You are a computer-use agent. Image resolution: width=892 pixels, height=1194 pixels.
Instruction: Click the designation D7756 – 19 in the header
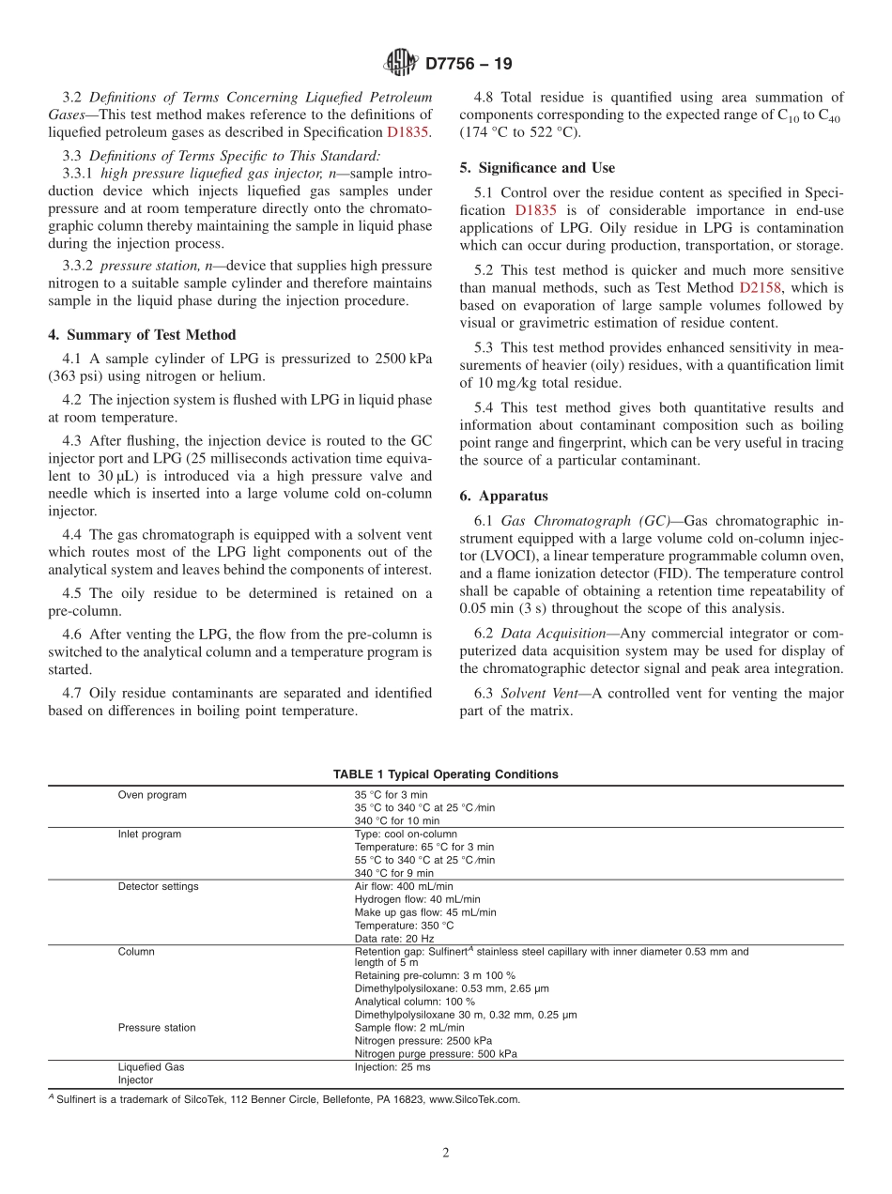(x=469, y=65)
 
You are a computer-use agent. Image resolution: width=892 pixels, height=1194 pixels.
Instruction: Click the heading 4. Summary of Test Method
(x=142, y=335)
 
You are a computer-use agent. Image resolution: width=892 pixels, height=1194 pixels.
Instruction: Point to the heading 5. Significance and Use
(x=537, y=168)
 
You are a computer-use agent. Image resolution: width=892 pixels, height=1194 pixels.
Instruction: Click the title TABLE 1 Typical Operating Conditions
(x=445, y=774)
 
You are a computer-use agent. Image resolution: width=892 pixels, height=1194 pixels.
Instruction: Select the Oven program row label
(x=151, y=795)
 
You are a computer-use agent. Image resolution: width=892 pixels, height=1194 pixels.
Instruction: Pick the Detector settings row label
(x=158, y=886)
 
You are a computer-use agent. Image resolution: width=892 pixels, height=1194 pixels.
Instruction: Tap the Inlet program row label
(x=149, y=834)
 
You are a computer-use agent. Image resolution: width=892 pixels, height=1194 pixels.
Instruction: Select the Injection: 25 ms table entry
(x=392, y=1067)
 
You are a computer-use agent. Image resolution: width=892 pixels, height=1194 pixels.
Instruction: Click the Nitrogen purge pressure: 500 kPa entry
(x=436, y=1054)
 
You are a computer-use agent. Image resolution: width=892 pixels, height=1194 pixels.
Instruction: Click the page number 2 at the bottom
(x=446, y=1154)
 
